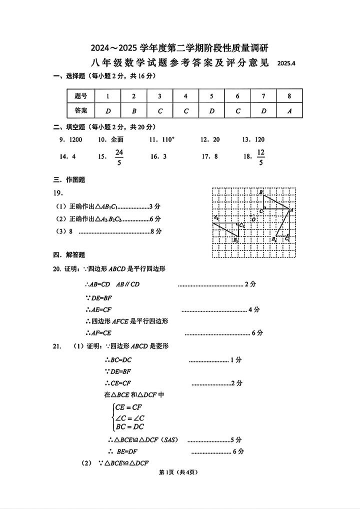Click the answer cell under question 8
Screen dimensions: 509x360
pos(289,110)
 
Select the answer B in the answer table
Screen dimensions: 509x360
pos(133,110)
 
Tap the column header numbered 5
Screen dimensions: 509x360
pos(211,96)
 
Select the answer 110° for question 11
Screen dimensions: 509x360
pos(165,139)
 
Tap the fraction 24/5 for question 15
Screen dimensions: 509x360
pos(119,156)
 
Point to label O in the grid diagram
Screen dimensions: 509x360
pos(253,219)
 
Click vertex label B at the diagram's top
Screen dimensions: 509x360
pos(260,192)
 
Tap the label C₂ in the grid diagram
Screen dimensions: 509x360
pos(242,225)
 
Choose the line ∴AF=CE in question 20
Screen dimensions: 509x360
pos(98,332)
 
